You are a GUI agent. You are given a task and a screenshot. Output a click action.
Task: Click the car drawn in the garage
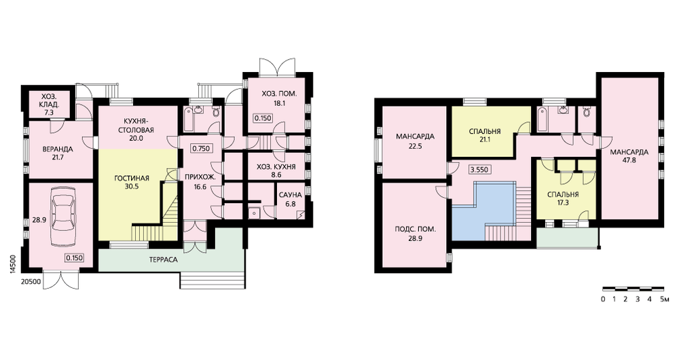tap(61, 217)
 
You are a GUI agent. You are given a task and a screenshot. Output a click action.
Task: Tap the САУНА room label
tap(290, 195)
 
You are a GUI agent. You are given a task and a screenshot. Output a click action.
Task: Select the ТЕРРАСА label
tap(163, 260)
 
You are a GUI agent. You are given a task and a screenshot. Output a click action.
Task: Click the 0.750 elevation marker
tap(201, 149)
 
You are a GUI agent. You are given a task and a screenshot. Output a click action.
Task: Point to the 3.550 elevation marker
tap(480, 169)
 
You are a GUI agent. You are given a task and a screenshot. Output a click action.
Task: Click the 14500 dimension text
tap(13, 264)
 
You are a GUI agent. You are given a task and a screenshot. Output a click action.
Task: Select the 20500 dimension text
tap(31, 282)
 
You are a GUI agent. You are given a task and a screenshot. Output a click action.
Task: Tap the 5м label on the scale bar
tap(665, 299)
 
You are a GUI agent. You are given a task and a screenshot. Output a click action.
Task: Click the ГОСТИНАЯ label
tap(132, 178)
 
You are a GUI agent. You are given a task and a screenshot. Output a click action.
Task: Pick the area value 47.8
tap(629, 160)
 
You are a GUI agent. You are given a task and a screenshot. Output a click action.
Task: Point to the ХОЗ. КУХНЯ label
tap(276, 167)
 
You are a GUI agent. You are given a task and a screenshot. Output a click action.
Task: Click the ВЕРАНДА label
tap(58, 149)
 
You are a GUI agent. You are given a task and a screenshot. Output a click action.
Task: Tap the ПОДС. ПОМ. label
tap(415, 229)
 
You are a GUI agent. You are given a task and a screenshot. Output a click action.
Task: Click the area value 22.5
tap(415, 146)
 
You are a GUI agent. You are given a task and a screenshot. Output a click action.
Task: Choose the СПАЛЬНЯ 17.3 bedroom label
tap(563, 198)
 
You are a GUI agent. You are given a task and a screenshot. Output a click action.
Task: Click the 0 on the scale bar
tap(603, 299)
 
